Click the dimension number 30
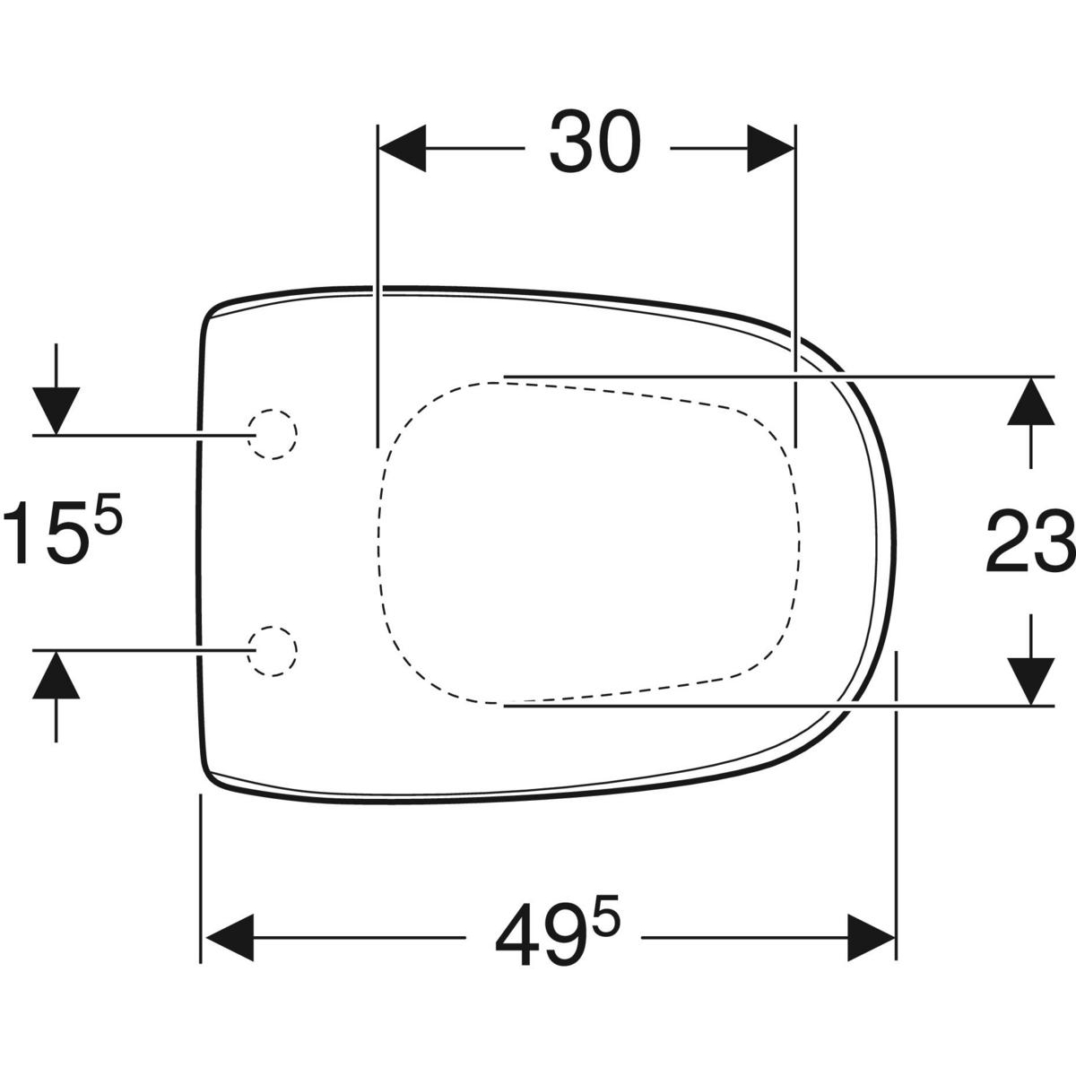click(x=595, y=142)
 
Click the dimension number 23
click(x=1030, y=541)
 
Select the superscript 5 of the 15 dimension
click(x=108, y=513)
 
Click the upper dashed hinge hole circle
click(x=272, y=434)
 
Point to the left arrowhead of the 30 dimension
click(x=403, y=148)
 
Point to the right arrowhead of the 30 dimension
click(x=770, y=148)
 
